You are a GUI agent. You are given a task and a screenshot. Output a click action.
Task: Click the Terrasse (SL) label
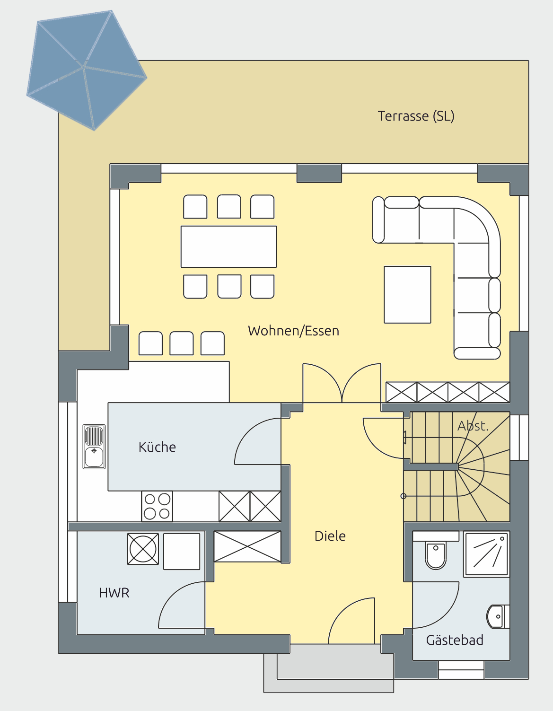coord(416,116)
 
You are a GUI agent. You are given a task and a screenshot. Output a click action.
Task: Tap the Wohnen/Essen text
coord(293,331)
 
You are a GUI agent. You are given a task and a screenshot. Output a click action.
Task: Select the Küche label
coord(157,447)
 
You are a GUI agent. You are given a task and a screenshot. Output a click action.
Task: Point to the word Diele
coord(330,536)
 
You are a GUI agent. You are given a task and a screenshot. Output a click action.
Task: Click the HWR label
coord(114,593)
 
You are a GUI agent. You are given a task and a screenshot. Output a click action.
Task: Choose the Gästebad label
coord(455,640)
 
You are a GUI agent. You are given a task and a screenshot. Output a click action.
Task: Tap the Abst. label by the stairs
coord(473,426)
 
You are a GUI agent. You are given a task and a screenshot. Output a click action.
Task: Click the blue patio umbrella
coord(87,70)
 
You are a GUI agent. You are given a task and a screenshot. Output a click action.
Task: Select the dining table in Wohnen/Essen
coord(229,246)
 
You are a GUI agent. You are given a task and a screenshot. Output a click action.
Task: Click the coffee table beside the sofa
coord(407,295)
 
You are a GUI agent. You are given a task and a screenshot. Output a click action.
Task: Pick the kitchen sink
coord(94,447)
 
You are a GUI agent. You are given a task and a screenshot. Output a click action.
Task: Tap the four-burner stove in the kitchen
coord(157,506)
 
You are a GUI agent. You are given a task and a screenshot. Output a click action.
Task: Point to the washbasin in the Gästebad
coord(498,617)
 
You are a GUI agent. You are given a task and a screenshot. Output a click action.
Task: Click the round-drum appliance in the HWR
coord(143,549)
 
